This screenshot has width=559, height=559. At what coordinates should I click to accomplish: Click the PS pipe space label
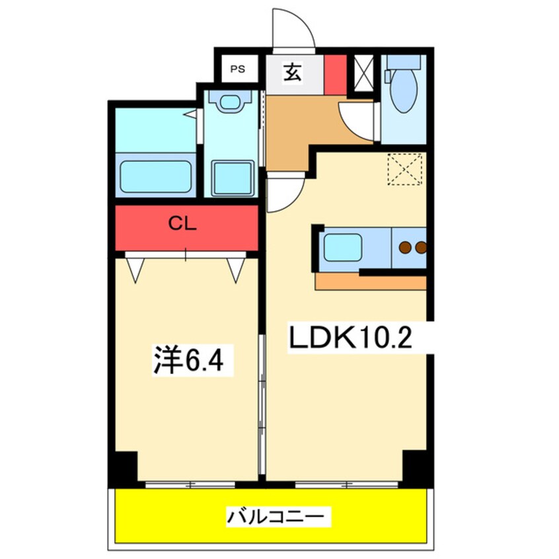pyautogui.click(x=237, y=69)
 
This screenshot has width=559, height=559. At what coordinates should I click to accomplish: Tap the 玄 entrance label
pyautogui.click(x=293, y=73)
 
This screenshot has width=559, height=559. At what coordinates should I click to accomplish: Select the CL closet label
pyautogui.click(x=182, y=224)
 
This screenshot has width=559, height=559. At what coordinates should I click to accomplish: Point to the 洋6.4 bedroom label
pyautogui.click(x=188, y=360)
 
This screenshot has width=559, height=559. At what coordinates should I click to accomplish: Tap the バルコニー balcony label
pyautogui.click(x=276, y=516)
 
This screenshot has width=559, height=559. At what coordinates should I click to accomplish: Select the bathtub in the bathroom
pyautogui.click(x=155, y=177)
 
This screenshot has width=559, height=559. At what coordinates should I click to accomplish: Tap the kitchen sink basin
pyautogui.click(x=342, y=247)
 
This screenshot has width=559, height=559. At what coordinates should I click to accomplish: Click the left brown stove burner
pyautogui.click(x=405, y=247)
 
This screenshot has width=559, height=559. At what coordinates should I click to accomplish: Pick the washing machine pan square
pyautogui.click(x=233, y=178)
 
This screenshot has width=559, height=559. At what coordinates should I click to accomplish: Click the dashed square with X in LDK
pyautogui.click(x=404, y=169)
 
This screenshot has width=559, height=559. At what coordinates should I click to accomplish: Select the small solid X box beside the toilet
pyautogui.click(x=363, y=73)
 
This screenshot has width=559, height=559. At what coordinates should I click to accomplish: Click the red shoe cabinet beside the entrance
pyautogui.click(x=335, y=75)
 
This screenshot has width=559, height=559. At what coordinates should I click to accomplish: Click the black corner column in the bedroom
pyautogui.click(x=126, y=466)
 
